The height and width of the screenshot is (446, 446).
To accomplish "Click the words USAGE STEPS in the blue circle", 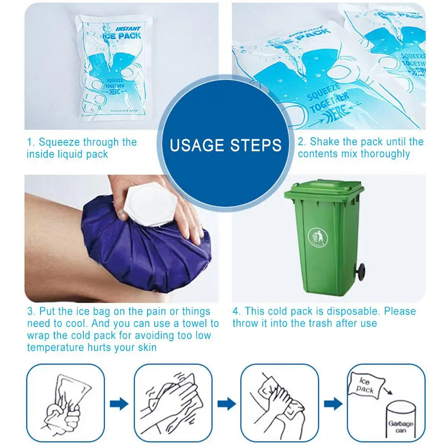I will pyautogui.click(x=226, y=145).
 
